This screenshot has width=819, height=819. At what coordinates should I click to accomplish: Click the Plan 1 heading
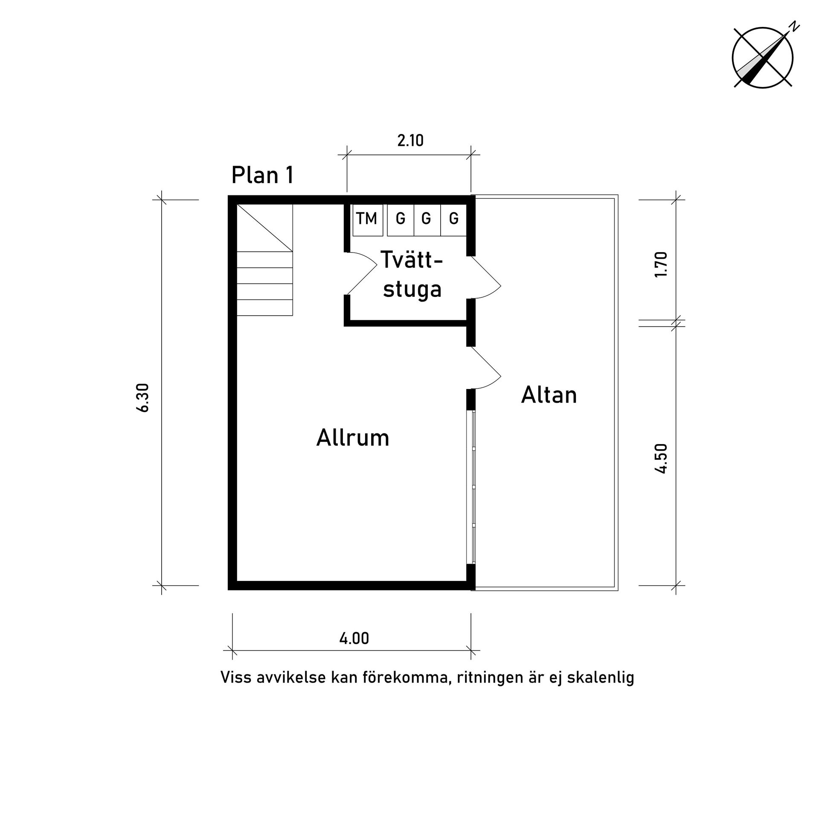pos(262,175)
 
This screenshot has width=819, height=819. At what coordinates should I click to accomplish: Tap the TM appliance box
pos(367,219)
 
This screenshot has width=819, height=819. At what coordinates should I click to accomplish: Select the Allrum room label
pos(353,438)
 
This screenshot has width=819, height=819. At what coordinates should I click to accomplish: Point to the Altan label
pos(549,395)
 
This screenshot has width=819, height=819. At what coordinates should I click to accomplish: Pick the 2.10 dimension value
pos(410,140)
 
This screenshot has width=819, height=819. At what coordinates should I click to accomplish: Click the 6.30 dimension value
pos(143,398)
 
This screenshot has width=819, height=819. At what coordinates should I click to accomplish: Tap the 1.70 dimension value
pos(660,265)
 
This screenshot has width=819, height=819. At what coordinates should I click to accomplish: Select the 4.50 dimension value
pos(660,459)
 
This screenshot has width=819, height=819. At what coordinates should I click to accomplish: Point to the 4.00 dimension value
pos(354,638)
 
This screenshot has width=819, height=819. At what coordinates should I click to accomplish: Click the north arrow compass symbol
pos(763,57)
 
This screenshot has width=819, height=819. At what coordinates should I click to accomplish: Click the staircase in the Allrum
pos(265,260)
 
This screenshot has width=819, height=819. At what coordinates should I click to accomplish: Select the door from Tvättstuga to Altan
pos(486,277)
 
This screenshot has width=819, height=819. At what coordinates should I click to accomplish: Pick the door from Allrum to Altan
pos(486,368)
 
